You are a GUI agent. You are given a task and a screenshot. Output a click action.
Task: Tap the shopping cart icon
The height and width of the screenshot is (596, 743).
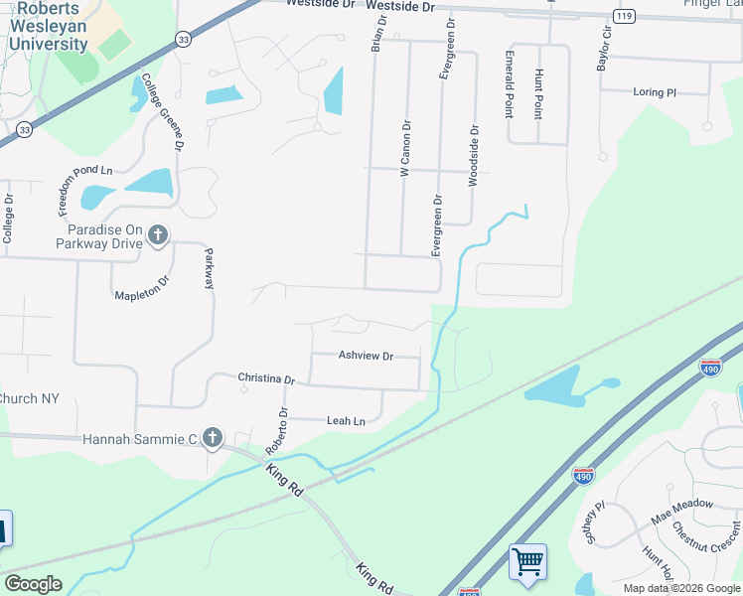(527, 561)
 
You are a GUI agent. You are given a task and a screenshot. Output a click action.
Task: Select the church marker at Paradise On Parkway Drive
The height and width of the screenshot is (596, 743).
(157, 235)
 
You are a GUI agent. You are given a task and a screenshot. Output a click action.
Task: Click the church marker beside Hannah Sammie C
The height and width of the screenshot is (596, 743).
(212, 437)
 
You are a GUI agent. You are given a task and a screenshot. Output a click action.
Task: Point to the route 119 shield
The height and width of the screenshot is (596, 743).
(624, 17)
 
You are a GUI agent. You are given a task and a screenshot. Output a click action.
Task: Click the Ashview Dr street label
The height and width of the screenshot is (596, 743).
(366, 356)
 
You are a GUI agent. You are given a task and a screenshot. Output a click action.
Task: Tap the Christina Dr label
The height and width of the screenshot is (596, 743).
(266, 378)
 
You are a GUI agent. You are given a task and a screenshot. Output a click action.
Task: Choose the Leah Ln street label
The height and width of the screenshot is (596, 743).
(346, 421)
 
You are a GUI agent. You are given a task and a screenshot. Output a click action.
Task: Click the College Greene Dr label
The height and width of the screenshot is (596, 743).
(162, 111)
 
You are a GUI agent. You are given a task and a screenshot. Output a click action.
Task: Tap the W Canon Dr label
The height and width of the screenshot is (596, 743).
(405, 149)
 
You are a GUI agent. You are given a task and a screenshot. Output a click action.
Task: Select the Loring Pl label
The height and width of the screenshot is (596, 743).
(654, 92)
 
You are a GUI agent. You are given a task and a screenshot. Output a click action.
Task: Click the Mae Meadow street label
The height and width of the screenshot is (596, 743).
(681, 505)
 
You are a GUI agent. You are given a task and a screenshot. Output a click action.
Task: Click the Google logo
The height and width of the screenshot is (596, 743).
(33, 583)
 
